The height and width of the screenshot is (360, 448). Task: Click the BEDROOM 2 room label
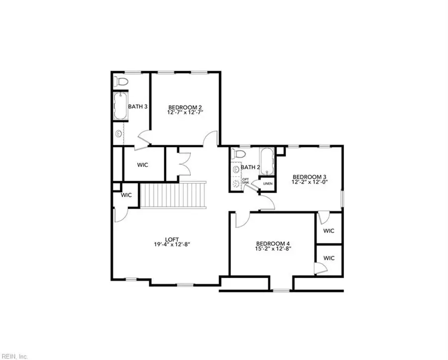point(185,107)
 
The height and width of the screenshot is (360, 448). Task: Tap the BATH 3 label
point(137,106)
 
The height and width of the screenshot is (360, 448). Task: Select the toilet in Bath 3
point(121,81)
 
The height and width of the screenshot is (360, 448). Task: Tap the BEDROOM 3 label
point(309,177)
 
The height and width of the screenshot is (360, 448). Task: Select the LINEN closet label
point(268,184)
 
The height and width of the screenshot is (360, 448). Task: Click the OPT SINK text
point(245,181)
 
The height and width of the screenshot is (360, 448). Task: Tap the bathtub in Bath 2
point(267,161)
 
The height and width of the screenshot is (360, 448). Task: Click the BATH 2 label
point(250,167)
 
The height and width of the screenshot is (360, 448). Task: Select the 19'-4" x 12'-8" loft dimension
point(172,244)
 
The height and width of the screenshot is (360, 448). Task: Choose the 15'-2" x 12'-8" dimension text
point(272,248)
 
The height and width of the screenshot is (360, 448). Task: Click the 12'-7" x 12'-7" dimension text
point(185,113)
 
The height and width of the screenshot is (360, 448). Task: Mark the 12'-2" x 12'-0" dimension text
point(309,182)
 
